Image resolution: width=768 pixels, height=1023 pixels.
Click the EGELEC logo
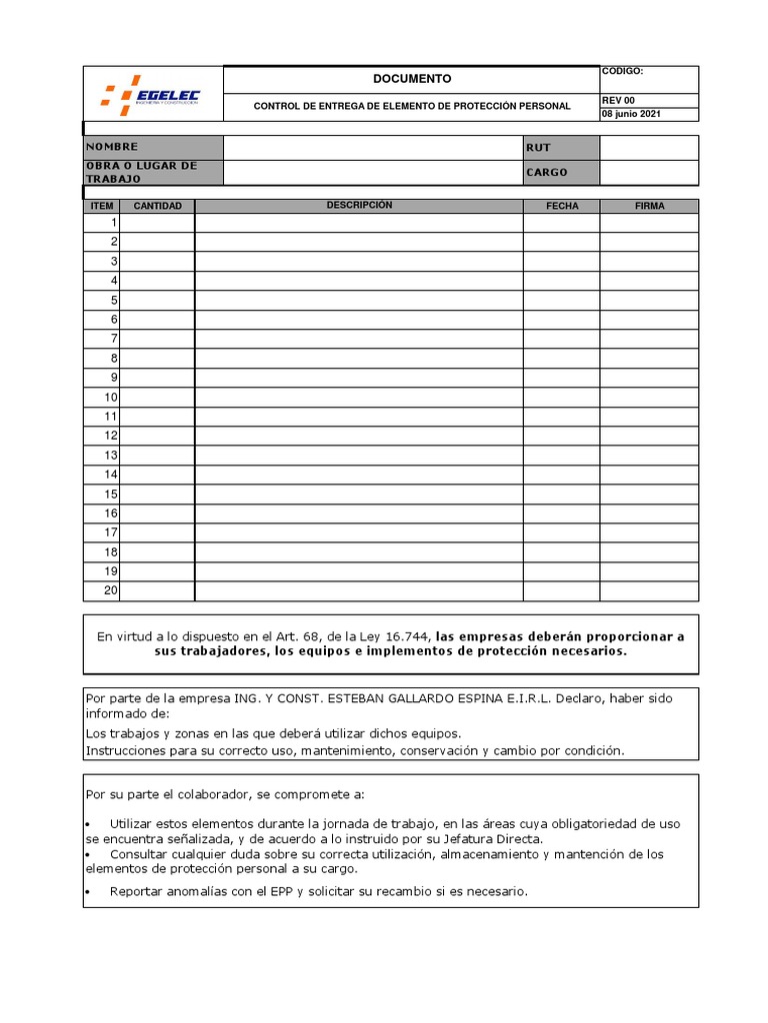coord(152,95)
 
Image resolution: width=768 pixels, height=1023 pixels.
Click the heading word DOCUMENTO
coord(412,79)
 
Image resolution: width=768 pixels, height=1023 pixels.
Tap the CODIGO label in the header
coord(622,72)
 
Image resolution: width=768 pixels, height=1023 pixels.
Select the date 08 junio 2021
coord(631,114)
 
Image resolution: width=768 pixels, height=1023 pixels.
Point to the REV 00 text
coord(618,100)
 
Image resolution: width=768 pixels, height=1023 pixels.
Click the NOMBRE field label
coord(112,147)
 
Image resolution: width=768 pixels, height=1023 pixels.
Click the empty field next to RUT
coord(649,147)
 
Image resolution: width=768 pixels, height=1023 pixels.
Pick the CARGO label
coord(547,172)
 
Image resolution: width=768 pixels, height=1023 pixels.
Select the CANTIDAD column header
coord(158,206)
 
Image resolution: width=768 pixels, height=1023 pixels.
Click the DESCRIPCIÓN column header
coord(359,206)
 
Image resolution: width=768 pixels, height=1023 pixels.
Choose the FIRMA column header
coord(649,206)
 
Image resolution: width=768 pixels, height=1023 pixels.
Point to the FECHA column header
coord(561,206)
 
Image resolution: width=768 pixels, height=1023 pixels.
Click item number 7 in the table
coord(114,339)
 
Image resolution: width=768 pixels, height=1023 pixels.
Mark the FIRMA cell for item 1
coord(649,223)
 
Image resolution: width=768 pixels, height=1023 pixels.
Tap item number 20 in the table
coord(111,590)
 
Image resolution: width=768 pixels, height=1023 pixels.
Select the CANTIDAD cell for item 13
coord(157,455)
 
